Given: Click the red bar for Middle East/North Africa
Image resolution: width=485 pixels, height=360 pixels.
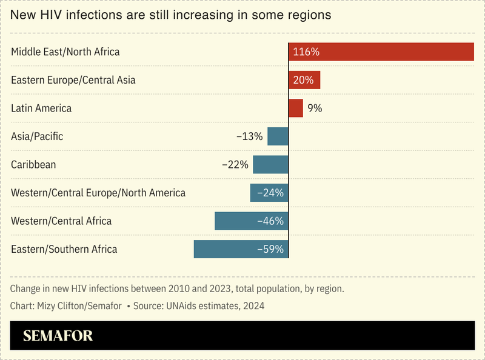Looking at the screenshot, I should coord(381,52).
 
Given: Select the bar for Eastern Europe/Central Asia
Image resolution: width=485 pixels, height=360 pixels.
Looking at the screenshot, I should coord(304,80).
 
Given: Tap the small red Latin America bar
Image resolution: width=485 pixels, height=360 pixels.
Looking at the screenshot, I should coord(296,108).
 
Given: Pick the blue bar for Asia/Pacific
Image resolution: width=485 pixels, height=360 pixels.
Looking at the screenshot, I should coord(278,136).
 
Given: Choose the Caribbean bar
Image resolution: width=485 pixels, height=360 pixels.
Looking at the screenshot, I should coord(270,165).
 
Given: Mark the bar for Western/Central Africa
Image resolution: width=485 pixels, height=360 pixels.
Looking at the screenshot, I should coord(252,221).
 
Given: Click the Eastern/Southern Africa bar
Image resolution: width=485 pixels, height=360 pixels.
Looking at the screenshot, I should coord(241,249).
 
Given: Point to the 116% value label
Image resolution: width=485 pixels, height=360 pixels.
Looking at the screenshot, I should coord(306,52).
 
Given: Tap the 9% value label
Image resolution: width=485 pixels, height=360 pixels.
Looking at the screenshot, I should coord(315,108).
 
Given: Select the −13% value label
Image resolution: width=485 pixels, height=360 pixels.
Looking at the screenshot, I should coord(250,136).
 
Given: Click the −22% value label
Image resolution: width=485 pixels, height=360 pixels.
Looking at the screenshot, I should coord(235,165).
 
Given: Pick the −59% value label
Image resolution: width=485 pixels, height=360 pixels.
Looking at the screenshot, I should coord(270,249).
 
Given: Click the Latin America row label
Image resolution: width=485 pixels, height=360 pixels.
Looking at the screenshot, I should coord(41,108).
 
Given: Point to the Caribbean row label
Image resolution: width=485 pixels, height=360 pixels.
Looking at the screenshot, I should coord(33,165).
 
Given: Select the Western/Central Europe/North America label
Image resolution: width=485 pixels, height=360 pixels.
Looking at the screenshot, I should coord(98,193).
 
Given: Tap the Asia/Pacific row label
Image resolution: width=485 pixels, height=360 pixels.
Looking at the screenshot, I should coord(37,136).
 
